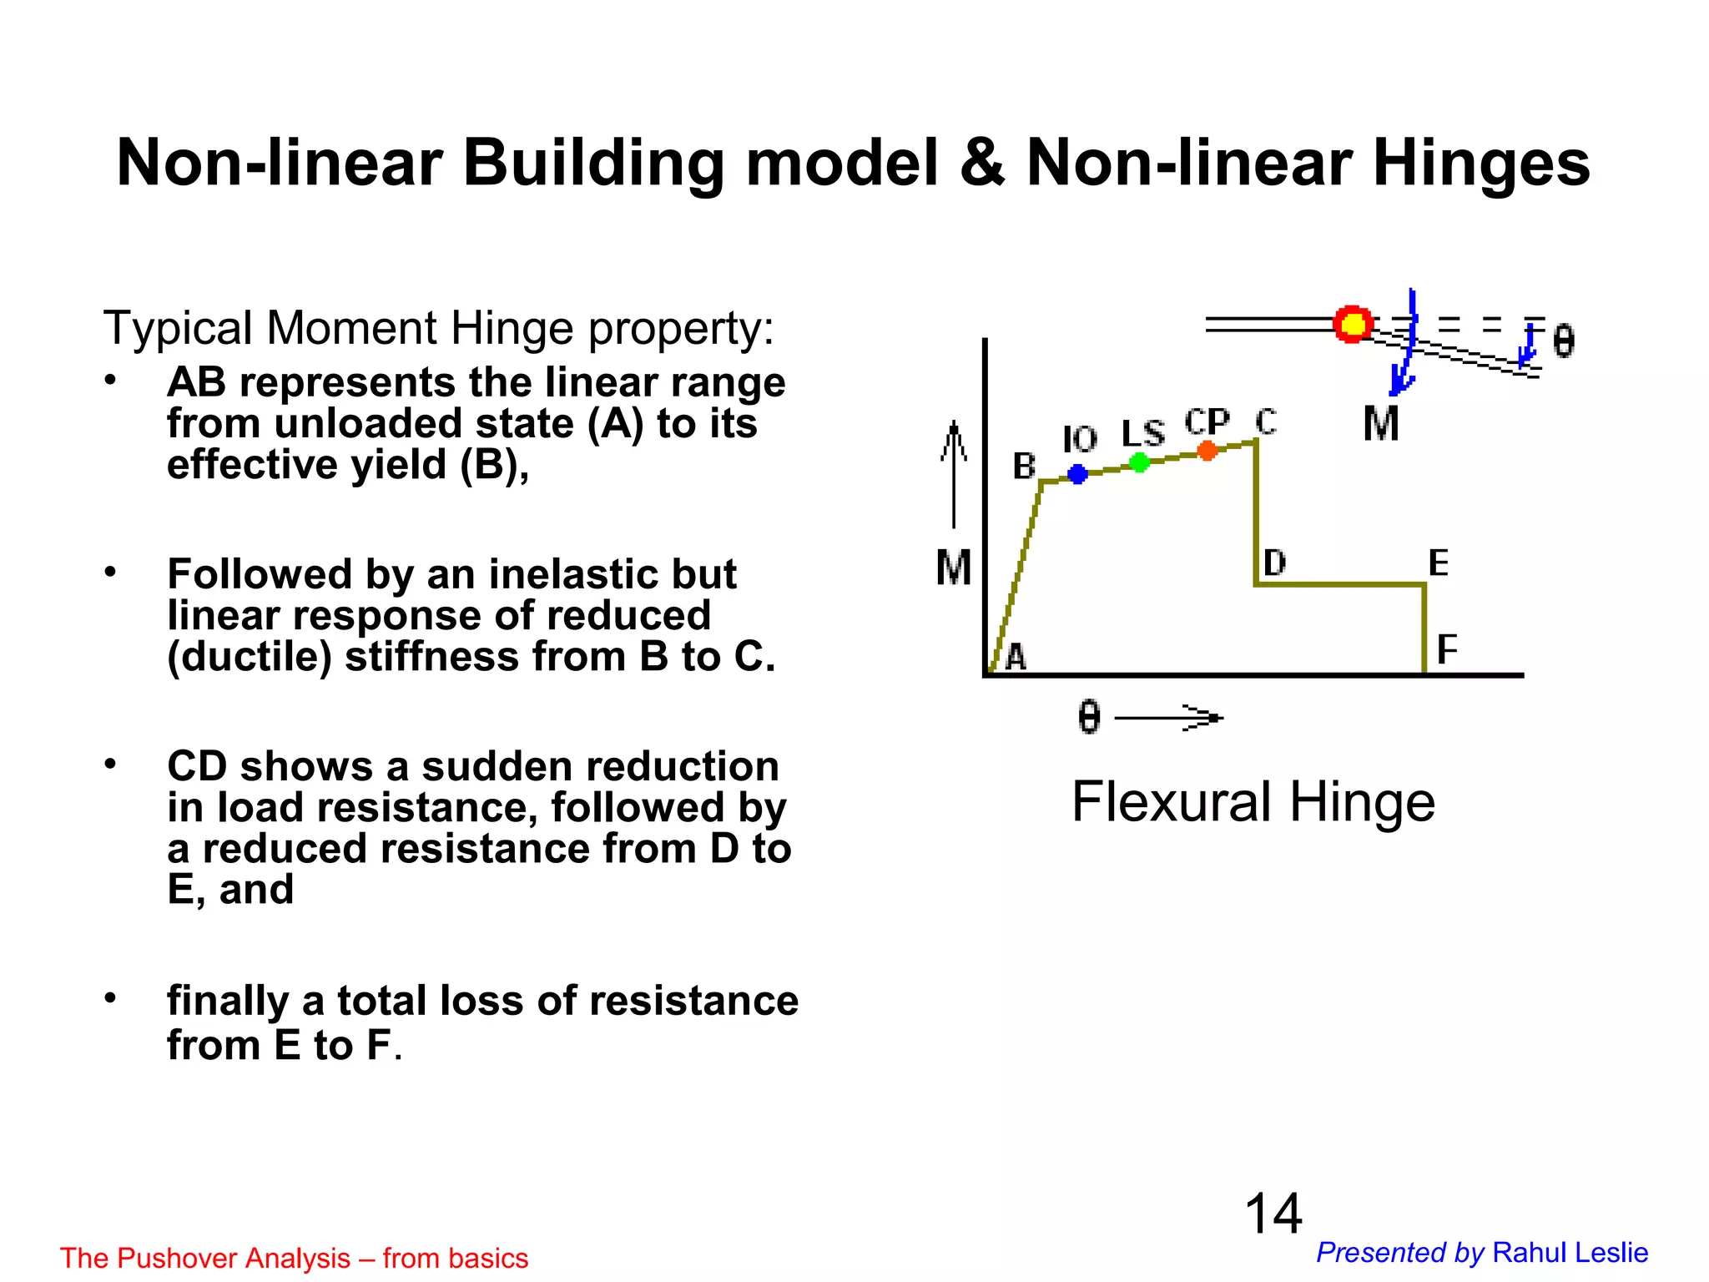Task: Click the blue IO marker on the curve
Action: coord(1077,474)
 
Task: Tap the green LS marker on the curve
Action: coord(1139,462)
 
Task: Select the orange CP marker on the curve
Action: coord(1207,451)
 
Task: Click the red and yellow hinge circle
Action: coord(1353,324)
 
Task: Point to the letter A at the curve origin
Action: coord(1016,658)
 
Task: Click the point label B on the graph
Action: coord(1024,467)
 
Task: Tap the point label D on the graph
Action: coord(1274,563)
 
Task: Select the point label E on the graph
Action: coord(1438,563)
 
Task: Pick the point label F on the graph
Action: coord(1447,649)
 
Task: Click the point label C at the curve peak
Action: coord(1266,422)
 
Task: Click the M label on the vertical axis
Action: coord(954,568)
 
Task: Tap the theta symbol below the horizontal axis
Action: coord(1089,717)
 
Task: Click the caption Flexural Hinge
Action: coord(1253,802)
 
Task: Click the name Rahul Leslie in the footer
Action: coord(1570,1253)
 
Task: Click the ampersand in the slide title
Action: coord(982,163)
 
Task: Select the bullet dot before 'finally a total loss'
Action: coord(110,998)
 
